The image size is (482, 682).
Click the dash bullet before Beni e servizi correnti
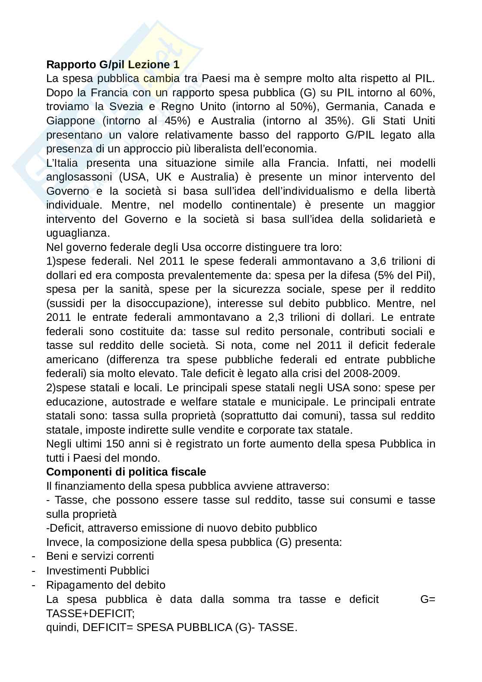(x=34, y=556)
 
